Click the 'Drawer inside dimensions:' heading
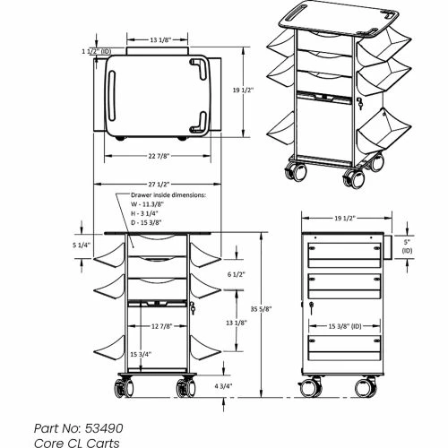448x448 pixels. point(168,194)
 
